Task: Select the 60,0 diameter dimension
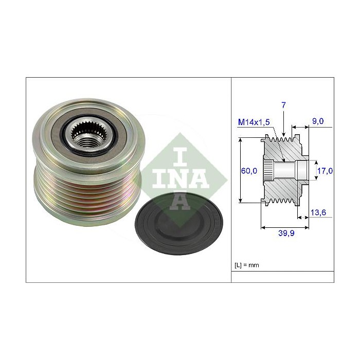tap(250, 171)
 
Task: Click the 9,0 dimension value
tap(318, 122)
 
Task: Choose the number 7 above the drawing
tap(283, 105)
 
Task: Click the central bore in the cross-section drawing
tap(285, 169)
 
